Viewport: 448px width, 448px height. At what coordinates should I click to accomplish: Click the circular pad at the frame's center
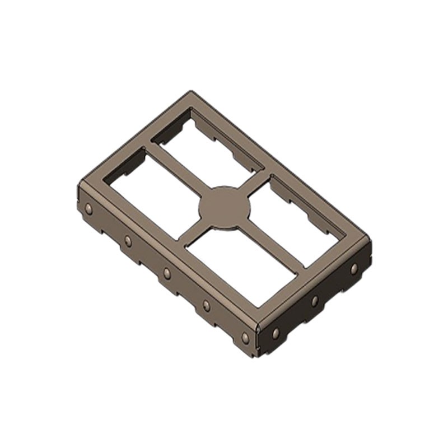pos(225,208)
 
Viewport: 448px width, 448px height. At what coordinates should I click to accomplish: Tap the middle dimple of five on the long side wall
pos(167,273)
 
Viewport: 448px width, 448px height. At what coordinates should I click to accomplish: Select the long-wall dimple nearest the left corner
pos(88,209)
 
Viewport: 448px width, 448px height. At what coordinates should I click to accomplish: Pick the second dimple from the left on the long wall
pos(128,241)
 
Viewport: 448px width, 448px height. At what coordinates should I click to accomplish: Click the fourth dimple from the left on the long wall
pos(206,305)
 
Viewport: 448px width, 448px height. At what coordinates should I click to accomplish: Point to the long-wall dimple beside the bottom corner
pos(245,338)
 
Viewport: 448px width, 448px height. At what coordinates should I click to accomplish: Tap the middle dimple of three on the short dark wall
pos(315,301)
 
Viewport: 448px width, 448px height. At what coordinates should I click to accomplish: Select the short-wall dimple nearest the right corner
pos(354,269)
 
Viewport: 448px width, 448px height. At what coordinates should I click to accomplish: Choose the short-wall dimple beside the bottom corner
pos(276,333)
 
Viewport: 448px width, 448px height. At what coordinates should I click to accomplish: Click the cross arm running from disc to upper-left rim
pos(174,171)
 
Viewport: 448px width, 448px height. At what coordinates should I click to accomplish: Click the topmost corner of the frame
pos(192,91)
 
